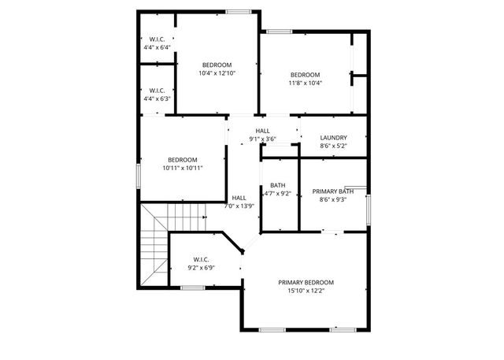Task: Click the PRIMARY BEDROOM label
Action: click(x=306, y=282)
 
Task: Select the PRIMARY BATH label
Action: click(x=333, y=191)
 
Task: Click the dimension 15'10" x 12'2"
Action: click(x=306, y=291)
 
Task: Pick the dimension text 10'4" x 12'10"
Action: click(x=217, y=73)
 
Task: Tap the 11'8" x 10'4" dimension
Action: click(x=305, y=83)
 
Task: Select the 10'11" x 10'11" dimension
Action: click(x=182, y=168)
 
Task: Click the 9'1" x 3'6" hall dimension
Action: click(x=262, y=139)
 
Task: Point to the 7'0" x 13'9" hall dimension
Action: click(x=239, y=206)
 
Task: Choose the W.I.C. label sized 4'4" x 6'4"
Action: click(x=157, y=39)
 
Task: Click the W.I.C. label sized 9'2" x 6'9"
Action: click(x=201, y=259)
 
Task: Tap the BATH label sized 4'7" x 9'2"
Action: click(x=277, y=185)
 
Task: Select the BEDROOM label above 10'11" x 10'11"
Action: click(x=182, y=160)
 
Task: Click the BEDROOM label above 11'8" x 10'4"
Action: click(x=305, y=75)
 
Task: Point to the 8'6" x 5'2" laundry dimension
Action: click(x=333, y=146)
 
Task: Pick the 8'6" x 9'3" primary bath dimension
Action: click(x=333, y=200)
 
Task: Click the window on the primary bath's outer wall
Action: click(x=368, y=206)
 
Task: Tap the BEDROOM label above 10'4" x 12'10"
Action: click(x=217, y=65)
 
